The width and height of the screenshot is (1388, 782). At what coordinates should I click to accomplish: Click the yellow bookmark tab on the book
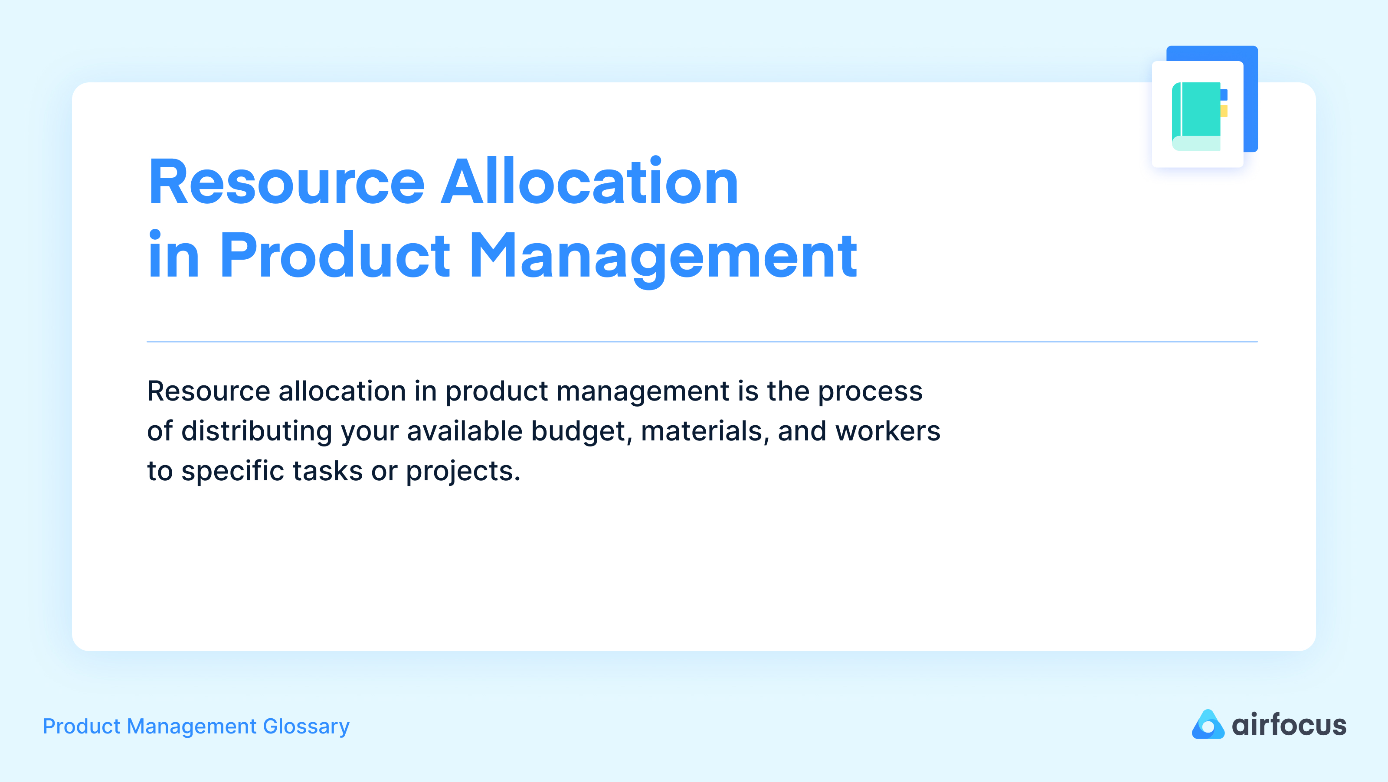pos(1224,111)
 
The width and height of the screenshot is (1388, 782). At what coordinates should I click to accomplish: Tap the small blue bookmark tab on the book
pos(1224,95)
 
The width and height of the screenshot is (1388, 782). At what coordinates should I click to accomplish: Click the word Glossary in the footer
pos(306,727)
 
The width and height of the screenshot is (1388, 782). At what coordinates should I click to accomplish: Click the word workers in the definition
pos(887,431)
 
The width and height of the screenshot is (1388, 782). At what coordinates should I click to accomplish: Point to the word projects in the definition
pos(462,472)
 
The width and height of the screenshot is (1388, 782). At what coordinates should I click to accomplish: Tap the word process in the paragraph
pos(870,392)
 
